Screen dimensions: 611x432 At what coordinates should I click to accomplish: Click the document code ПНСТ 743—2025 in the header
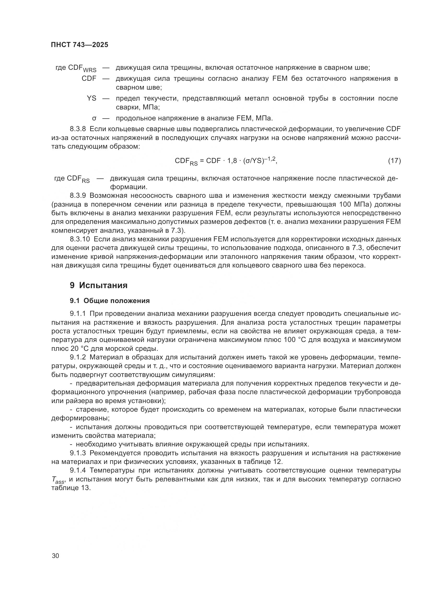coord(80,45)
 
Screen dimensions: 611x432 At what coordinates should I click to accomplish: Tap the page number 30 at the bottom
coord(56,556)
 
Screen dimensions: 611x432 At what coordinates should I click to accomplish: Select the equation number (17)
coord(394,161)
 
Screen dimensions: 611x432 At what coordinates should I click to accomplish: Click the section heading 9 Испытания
coord(99,286)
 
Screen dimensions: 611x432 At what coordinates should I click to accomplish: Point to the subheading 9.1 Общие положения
coord(110,301)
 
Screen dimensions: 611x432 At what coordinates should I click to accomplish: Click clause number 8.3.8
coord(78,129)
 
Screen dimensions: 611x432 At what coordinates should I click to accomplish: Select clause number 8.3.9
coord(78,196)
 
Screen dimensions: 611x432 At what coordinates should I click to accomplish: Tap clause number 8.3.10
coord(80,239)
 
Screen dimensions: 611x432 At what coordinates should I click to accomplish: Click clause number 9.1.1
coord(78,314)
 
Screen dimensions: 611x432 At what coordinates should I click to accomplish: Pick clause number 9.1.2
coord(78,357)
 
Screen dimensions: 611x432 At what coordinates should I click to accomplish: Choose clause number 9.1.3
coord(78,453)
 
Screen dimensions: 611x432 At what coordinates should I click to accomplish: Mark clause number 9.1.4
coord(78,470)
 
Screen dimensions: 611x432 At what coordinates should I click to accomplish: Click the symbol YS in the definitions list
coord(91,98)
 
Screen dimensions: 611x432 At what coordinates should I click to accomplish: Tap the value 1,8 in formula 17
coord(232,161)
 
